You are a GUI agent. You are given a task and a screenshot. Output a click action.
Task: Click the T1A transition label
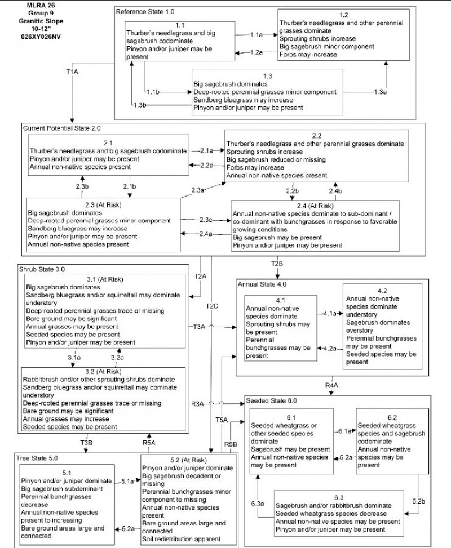click(x=72, y=72)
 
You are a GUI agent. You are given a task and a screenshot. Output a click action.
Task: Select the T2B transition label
click(x=277, y=264)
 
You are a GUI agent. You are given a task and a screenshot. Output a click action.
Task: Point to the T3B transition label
click(x=86, y=443)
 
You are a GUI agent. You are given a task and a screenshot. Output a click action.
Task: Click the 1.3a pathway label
click(x=382, y=91)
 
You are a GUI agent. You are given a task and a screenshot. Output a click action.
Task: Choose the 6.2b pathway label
click(x=418, y=501)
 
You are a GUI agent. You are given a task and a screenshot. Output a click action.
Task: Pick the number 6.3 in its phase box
click(x=339, y=498)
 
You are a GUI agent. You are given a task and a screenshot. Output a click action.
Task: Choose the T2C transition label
click(x=211, y=306)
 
